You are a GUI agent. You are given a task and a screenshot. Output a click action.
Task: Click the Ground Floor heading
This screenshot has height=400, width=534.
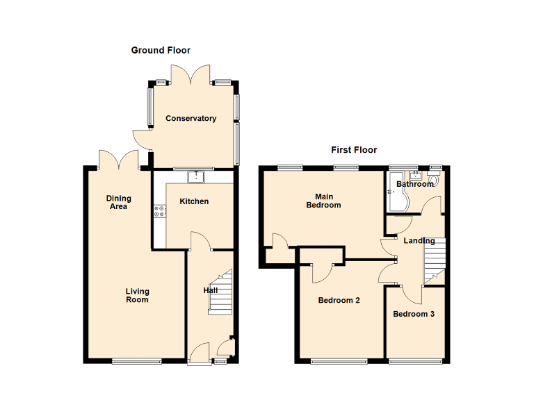click(161, 50)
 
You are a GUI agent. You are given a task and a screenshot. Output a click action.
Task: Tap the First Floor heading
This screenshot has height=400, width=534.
click(354, 149)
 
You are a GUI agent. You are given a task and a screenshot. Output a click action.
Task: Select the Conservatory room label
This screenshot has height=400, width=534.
click(191, 119)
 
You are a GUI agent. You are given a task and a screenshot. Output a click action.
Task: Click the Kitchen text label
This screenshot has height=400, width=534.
click(194, 201)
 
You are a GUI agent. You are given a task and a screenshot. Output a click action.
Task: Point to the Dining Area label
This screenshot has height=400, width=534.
click(118, 202)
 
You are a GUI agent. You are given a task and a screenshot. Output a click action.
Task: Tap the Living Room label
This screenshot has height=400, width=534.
click(137, 295)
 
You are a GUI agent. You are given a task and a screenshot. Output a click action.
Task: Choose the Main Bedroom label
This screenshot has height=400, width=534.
click(324, 201)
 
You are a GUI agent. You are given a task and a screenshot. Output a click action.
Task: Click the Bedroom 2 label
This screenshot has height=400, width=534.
click(339, 301)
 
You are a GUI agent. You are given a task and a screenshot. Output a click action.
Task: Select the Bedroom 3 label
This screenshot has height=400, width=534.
click(414, 314)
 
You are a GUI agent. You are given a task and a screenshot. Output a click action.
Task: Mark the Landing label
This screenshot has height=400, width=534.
click(419, 241)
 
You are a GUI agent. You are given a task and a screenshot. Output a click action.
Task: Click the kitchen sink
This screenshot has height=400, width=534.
click(197, 175)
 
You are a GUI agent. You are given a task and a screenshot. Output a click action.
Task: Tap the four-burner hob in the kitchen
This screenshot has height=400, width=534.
click(159, 212)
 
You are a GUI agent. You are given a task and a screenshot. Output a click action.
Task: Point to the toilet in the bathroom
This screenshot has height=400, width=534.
click(435, 181)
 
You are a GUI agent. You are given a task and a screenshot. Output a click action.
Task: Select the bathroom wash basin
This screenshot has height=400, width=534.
click(415, 174)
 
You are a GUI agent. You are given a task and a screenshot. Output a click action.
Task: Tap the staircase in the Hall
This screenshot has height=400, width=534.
click(220, 292)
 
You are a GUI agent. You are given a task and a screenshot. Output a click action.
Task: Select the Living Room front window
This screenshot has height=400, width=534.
click(137, 360)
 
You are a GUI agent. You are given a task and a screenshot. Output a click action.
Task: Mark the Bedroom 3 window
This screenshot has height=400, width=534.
click(414, 360)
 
